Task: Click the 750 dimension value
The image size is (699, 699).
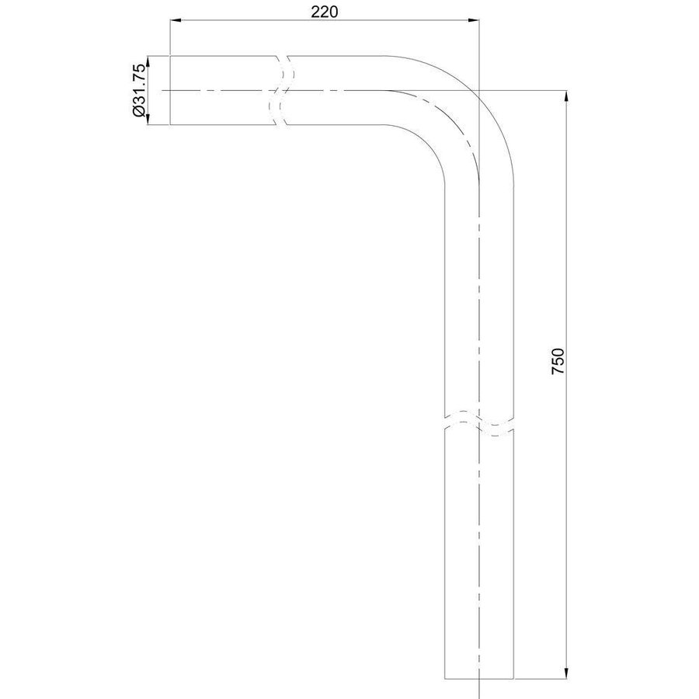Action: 558,362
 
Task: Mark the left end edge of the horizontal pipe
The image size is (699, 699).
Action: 170,90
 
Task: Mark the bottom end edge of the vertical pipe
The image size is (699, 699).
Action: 479,676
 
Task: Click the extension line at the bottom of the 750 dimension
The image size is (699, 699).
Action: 544,676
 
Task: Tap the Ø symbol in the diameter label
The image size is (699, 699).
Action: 140,113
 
